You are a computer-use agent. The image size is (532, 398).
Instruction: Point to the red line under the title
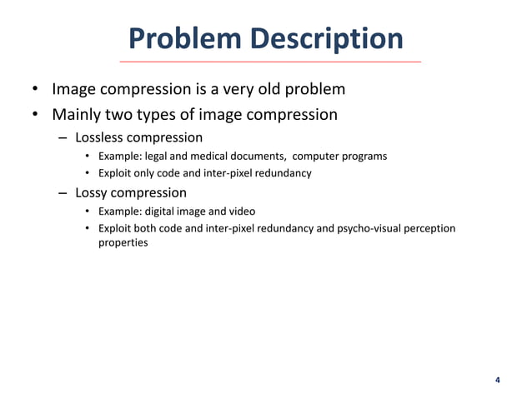(x=269, y=62)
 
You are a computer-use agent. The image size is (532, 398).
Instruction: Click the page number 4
(x=498, y=381)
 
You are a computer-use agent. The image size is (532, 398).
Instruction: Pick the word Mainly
(x=79, y=114)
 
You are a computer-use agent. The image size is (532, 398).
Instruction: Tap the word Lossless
(x=103, y=137)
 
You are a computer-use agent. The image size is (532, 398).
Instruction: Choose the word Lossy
(x=94, y=193)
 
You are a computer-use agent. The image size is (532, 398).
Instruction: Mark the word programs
(x=364, y=156)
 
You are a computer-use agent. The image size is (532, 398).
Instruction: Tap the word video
(x=241, y=211)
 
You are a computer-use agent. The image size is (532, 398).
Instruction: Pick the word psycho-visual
(x=360, y=228)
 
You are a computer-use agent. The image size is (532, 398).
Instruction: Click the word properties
(x=123, y=243)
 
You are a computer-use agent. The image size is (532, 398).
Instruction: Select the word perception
(x=429, y=228)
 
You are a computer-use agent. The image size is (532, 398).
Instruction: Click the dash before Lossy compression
(x=63, y=193)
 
